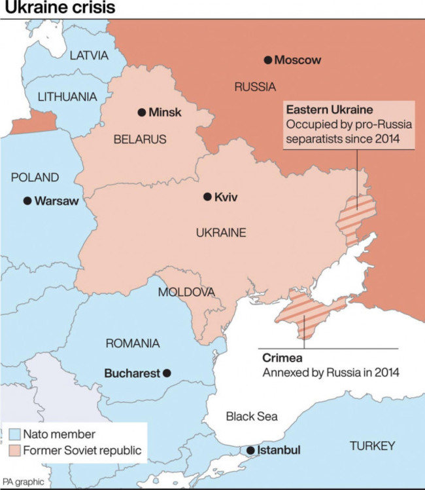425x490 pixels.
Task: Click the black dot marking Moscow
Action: click(x=267, y=60)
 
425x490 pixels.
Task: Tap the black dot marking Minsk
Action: click(x=141, y=113)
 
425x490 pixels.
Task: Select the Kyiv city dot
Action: click(x=207, y=197)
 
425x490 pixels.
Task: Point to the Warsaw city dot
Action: click(x=27, y=201)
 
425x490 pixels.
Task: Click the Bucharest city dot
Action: click(x=167, y=373)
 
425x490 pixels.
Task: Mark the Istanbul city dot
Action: click(x=250, y=451)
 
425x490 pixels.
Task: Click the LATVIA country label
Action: click(x=88, y=56)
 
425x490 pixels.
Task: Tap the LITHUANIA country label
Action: click(x=67, y=97)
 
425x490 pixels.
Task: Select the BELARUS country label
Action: click(x=140, y=140)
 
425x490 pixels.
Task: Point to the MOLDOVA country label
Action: click(x=186, y=292)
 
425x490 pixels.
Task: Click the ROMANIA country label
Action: click(x=133, y=343)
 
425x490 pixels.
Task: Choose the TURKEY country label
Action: click(x=372, y=446)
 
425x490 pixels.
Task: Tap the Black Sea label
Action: click(x=251, y=416)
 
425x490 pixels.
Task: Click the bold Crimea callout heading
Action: click(x=281, y=358)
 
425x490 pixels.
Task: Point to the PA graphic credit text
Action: click(x=23, y=481)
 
